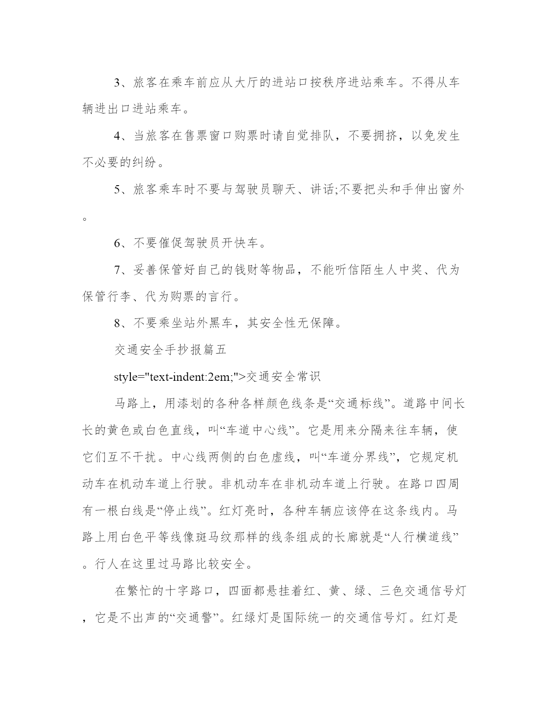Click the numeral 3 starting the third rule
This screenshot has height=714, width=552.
click(117, 82)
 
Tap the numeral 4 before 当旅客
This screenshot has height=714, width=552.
click(117, 136)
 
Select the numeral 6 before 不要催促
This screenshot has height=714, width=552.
click(117, 243)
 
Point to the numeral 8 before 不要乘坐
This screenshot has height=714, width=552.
click(117, 323)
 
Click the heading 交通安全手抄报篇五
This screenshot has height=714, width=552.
click(171, 350)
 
